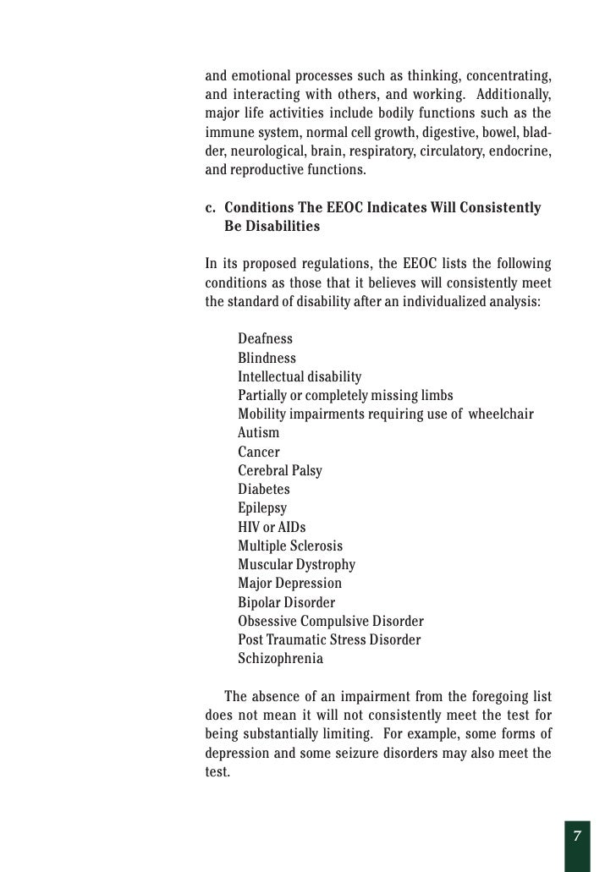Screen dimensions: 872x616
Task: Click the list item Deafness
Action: click(x=265, y=339)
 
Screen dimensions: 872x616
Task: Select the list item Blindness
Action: click(x=267, y=358)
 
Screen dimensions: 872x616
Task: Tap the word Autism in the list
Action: click(x=258, y=433)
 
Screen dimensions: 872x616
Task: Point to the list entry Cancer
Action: click(x=258, y=452)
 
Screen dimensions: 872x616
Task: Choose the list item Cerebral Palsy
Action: click(x=279, y=471)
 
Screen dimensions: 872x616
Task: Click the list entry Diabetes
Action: click(x=263, y=490)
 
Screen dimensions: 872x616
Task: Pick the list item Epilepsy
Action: click(x=261, y=508)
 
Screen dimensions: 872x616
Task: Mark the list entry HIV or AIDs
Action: click(x=272, y=528)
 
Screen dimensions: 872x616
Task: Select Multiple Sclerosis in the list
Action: click(x=290, y=546)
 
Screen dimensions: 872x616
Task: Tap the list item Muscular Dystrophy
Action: click(x=296, y=565)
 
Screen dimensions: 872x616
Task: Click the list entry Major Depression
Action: click(x=289, y=584)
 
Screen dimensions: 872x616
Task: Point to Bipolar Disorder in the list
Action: click(x=286, y=603)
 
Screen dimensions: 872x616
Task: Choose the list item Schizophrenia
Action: click(x=280, y=659)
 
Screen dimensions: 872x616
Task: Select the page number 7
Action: click(x=576, y=836)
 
